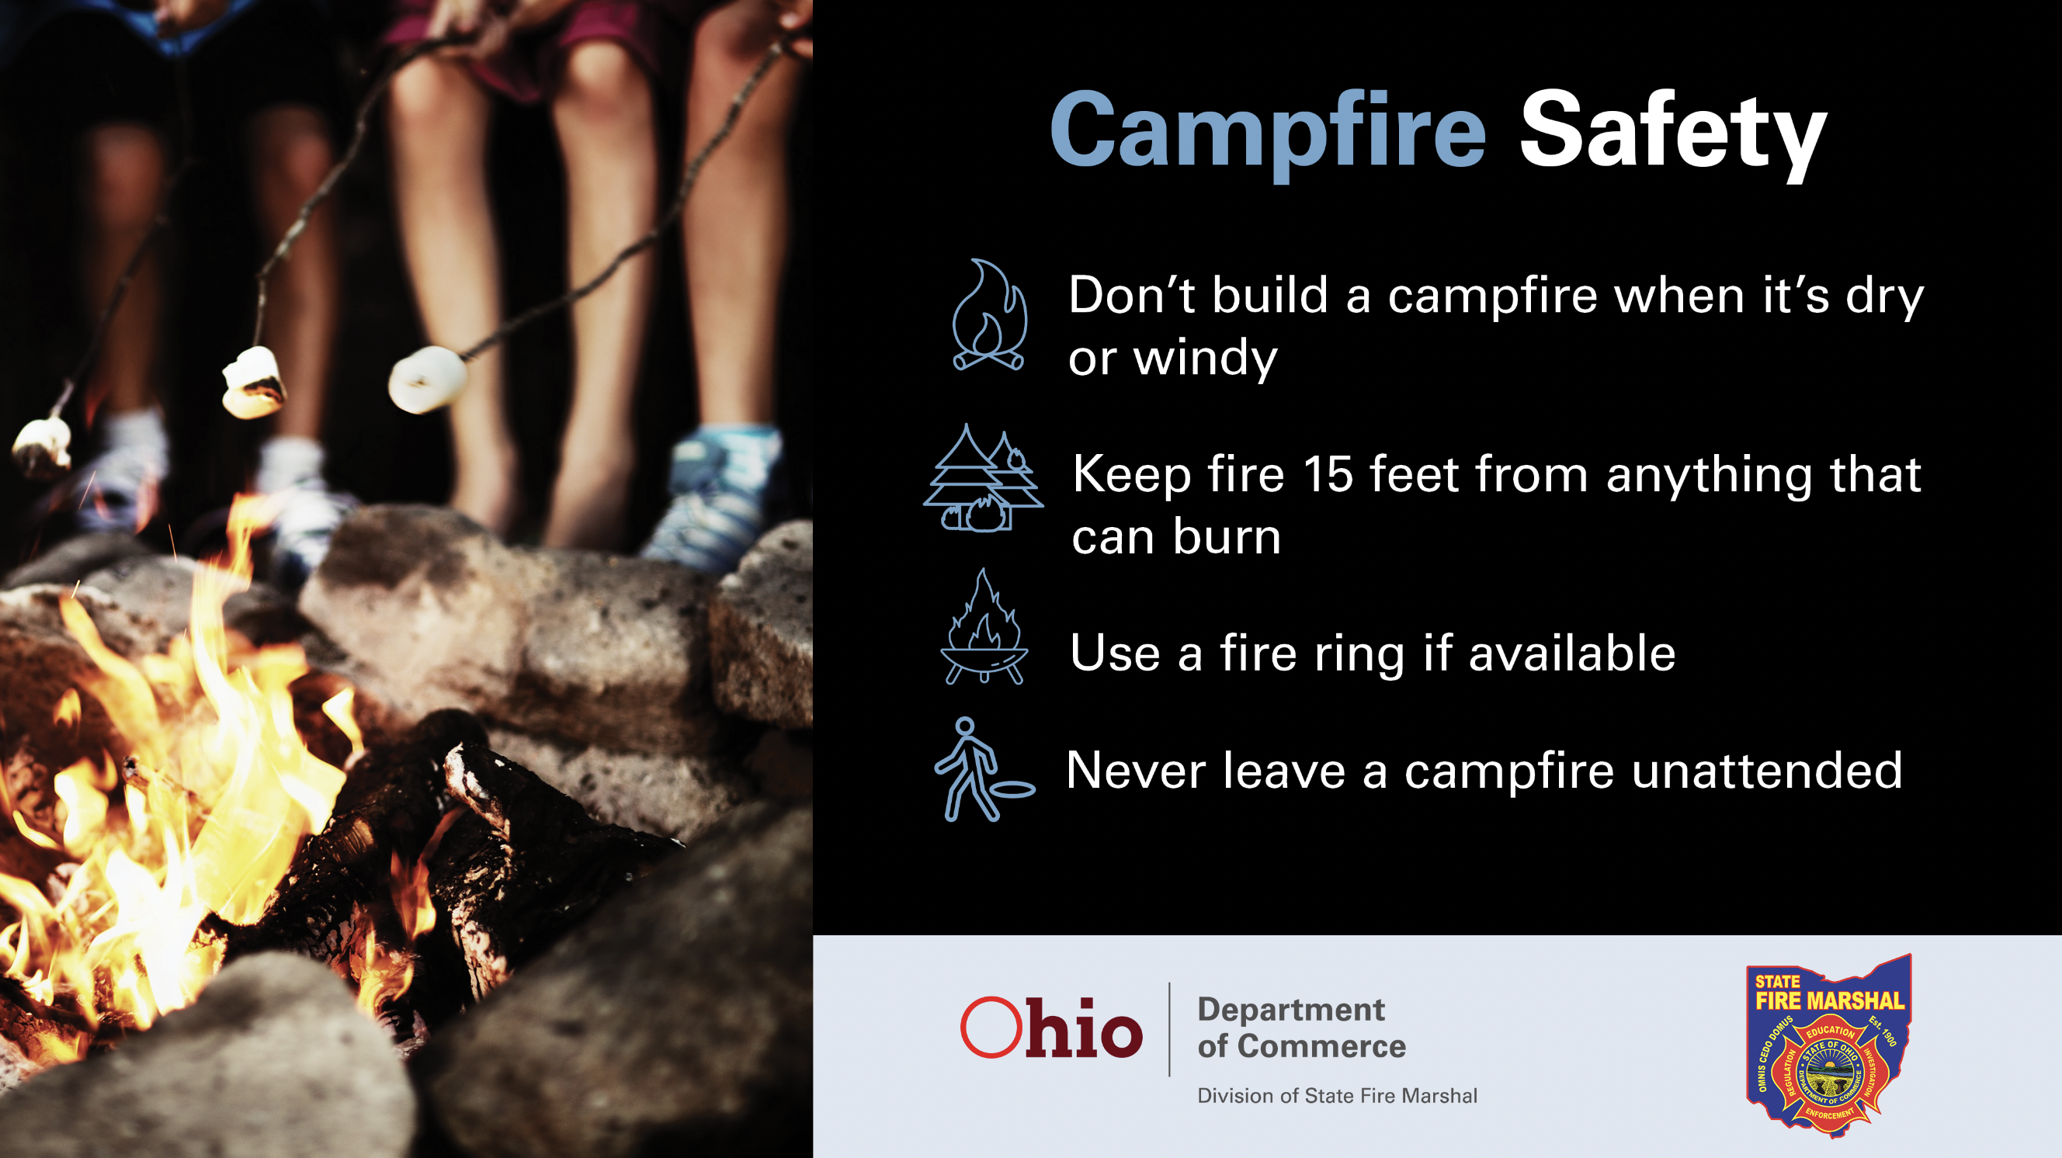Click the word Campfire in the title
click(1268, 133)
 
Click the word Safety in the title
click(1673, 134)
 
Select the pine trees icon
click(983, 478)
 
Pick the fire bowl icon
click(984, 626)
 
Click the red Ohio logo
click(1051, 1028)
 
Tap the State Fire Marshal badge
click(1828, 1045)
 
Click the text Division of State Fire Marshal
click(1337, 1096)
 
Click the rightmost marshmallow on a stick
click(428, 379)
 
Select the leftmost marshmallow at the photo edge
click(42, 445)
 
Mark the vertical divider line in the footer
click(1169, 1029)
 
